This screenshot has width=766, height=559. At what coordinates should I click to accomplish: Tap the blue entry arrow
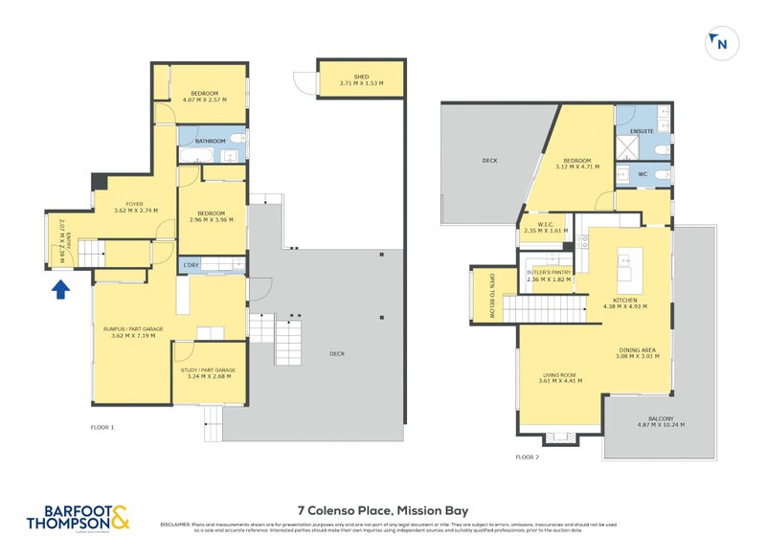(59, 288)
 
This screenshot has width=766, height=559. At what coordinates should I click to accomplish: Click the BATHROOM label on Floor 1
(210, 142)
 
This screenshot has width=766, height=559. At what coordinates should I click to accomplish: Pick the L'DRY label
(191, 265)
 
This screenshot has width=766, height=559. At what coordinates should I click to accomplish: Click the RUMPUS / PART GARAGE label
(133, 328)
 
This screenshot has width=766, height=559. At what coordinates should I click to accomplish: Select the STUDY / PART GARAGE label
(208, 370)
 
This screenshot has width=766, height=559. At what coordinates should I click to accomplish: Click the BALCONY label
(660, 419)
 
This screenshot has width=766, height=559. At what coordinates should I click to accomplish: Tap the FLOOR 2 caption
(528, 458)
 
